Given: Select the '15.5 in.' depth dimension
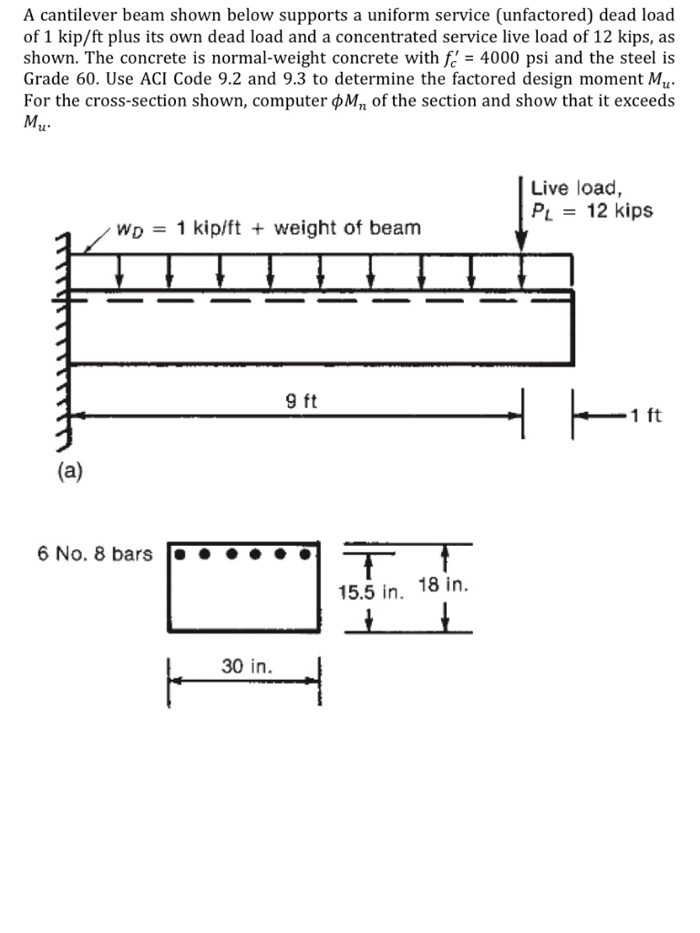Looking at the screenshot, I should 369,592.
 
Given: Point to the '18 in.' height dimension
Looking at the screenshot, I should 443,584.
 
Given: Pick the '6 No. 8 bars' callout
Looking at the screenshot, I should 95,553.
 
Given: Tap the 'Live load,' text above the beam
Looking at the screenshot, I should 576,189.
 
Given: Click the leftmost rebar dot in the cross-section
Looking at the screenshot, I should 180,553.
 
